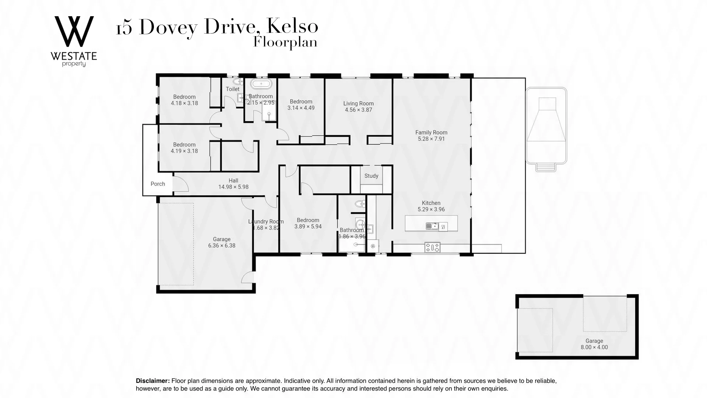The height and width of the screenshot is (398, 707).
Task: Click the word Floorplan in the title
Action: [x=285, y=42]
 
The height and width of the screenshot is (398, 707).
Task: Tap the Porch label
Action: [x=158, y=184]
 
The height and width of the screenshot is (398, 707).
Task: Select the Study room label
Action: [x=371, y=176]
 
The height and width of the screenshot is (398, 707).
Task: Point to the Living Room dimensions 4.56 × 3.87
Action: [x=358, y=110]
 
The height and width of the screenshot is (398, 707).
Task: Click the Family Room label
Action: [x=431, y=133]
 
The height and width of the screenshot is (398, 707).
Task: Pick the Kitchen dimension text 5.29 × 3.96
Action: [x=431, y=209]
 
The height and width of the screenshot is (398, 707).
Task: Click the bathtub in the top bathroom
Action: [x=261, y=84]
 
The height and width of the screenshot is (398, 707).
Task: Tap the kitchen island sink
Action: [x=432, y=226]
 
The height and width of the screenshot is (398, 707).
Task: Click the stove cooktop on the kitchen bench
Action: [x=432, y=247]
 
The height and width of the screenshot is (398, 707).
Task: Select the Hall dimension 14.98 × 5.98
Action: [x=233, y=187]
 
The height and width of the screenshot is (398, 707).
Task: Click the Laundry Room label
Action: [x=266, y=221]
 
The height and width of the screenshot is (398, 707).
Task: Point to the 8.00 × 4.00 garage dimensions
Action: [x=594, y=347]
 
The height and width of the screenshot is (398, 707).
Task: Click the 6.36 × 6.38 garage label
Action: [x=221, y=245]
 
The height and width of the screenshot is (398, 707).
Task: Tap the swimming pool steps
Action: [x=546, y=167]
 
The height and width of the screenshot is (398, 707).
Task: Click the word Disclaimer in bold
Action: [x=152, y=381]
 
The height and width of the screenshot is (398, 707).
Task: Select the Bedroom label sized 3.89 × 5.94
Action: [x=308, y=220]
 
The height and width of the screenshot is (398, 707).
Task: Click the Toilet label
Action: [x=232, y=89]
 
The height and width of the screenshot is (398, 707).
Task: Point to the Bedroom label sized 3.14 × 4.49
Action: [x=301, y=102]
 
